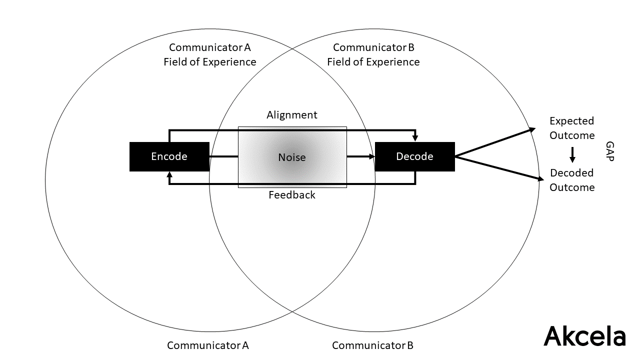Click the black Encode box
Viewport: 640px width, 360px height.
(169, 156)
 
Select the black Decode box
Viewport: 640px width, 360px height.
(414, 156)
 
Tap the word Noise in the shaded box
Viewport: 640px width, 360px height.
(292, 157)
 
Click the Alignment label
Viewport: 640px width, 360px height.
(292, 115)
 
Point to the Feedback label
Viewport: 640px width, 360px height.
(292, 195)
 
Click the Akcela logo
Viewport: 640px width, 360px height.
(584, 335)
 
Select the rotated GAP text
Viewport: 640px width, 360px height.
(609, 151)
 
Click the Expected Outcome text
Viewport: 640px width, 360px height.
(572, 128)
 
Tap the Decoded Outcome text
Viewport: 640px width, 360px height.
(572, 180)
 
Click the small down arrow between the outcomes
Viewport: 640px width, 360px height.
(572, 155)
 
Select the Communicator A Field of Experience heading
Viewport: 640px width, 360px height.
(210, 55)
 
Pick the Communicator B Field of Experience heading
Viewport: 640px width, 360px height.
(373, 55)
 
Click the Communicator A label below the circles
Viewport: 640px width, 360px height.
(208, 345)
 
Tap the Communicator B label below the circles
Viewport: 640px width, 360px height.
(372, 345)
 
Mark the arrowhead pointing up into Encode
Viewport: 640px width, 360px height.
(169, 175)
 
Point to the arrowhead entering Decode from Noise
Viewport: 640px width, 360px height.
(371, 156)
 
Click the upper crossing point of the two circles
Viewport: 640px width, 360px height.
(292, 49)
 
